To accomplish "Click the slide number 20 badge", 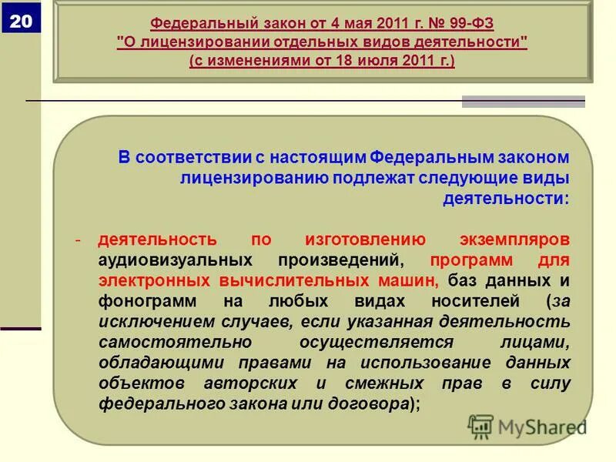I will [22, 22].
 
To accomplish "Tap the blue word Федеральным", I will [427, 158].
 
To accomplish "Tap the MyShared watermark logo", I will [527, 426].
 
